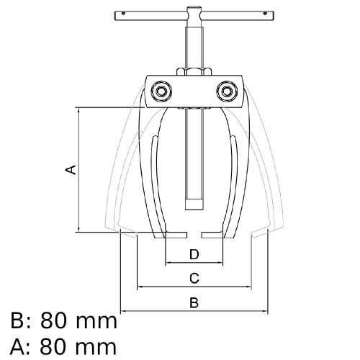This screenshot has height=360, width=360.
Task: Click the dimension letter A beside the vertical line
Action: pyautogui.click(x=71, y=170)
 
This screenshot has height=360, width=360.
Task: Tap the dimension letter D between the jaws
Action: pyautogui.click(x=194, y=254)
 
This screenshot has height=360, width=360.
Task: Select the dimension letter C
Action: pyautogui.click(x=194, y=279)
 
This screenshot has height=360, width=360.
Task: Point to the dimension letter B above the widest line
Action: pyautogui.click(x=194, y=302)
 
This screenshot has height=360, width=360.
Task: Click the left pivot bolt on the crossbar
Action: pyautogui.click(x=161, y=91)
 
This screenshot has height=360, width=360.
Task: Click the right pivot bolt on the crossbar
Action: pyautogui.click(x=227, y=91)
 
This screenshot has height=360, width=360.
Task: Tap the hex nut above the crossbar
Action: pyautogui.click(x=194, y=72)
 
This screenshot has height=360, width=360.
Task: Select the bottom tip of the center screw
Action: pyautogui.click(x=194, y=210)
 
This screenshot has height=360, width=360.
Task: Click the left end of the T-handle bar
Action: pyautogui.click(x=114, y=16)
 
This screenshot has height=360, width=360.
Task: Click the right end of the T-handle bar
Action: pyautogui.click(x=274, y=16)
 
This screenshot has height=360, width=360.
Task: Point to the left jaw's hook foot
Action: pyautogui.click(x=171, y=235)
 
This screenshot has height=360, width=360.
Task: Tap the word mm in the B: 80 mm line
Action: pyautogui.click(x=96, y=323)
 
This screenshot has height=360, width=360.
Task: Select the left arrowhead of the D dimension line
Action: pyautogui.click(x=168, y=263)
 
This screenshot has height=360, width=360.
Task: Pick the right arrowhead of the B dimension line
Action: pyautogui.click(x=265, y=311)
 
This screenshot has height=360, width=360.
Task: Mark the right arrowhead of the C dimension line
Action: pyautogui.click(x=248, y=287)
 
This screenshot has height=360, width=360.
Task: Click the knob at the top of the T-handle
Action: pyautogui.click(x=194, y=9)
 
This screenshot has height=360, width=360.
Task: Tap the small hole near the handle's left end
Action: pyautogui.click(x=123, y=14)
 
